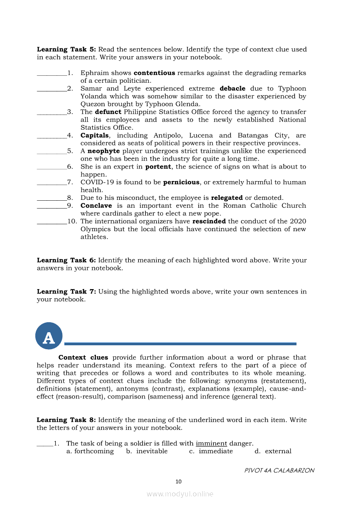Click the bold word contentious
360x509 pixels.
pyautogui.click(x=154, y=73)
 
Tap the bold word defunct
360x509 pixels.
pyautogui.click(x=108, y=112)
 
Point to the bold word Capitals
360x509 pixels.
pyautogui.click(x=95, y=135)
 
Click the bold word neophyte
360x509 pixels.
pyautogui.click(x=103, y=151)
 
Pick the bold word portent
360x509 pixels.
pyautogui.click(x=158, y=167)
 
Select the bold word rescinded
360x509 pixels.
pyautogui.click(x=209, y=221)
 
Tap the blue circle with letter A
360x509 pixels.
pyautogui.click(x=49, y=336)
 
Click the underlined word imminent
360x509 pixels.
pyautogui.click(x=211, y=443)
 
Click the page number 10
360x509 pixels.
pyautogui.click(x=178, y=482)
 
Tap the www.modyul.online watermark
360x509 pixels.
pyautogui.click(x=180, y=494)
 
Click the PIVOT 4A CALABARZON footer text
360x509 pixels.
pyautogui.click(x=279, y=470)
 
